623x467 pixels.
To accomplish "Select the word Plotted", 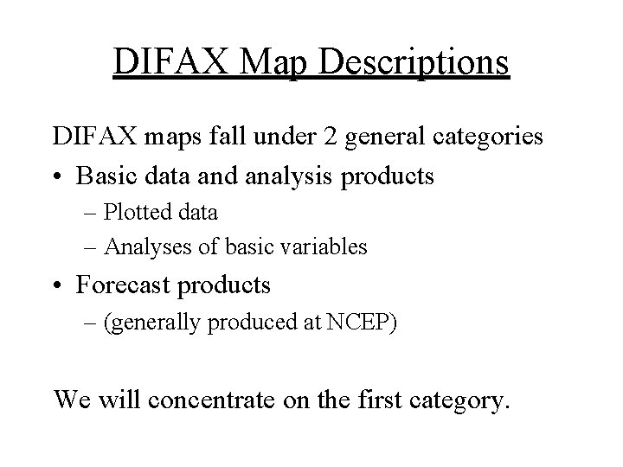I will [137, 211].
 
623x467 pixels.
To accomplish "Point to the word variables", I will [324, 247].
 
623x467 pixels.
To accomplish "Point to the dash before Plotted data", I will [93, 212].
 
